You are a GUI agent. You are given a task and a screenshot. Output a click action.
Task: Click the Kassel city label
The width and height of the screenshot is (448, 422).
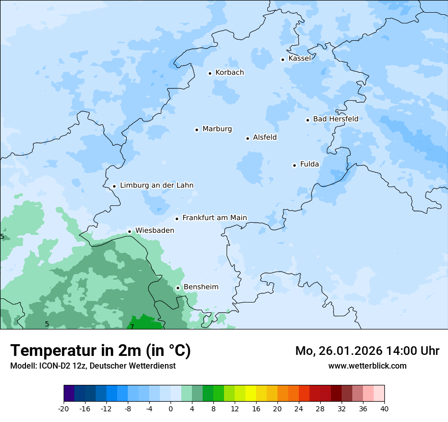point(299,58)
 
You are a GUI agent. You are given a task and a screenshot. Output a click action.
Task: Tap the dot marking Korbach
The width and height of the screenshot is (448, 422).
point(210,73)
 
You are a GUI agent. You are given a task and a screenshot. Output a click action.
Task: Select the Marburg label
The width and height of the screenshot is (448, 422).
point(217,129)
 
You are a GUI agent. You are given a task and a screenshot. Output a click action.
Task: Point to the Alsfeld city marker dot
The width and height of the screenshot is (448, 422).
point(247,138)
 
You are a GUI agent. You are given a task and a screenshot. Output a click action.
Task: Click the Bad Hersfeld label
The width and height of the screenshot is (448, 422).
point(335,119)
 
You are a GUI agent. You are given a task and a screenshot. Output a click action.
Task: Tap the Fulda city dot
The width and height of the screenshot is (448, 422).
point(294,165)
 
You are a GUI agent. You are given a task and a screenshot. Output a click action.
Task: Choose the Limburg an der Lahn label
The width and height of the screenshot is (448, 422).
point(156,186)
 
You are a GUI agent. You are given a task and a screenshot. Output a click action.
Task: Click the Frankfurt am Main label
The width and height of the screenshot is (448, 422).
point(214,218)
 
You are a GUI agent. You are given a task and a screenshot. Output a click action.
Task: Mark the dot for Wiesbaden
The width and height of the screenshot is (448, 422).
point(130,231)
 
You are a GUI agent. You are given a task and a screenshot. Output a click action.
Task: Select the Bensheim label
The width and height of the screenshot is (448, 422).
point(201,287)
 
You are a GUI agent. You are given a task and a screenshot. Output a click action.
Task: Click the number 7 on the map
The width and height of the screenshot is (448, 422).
point(132,326)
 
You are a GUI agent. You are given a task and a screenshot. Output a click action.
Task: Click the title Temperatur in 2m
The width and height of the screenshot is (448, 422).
point(100,350)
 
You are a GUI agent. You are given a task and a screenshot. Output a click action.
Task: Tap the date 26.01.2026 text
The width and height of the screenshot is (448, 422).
point(348,351)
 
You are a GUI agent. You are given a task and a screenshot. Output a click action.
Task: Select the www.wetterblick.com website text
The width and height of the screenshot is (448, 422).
point(367,366)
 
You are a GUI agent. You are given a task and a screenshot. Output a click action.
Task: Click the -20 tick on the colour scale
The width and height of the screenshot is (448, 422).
point(64,409)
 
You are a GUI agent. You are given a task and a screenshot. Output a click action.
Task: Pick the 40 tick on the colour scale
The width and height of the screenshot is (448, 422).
point(384,409)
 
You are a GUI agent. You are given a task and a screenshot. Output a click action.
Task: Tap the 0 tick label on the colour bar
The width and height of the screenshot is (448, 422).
point(171,409)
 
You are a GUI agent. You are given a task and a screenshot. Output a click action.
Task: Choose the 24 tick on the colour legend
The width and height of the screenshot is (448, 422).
point(299,409)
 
